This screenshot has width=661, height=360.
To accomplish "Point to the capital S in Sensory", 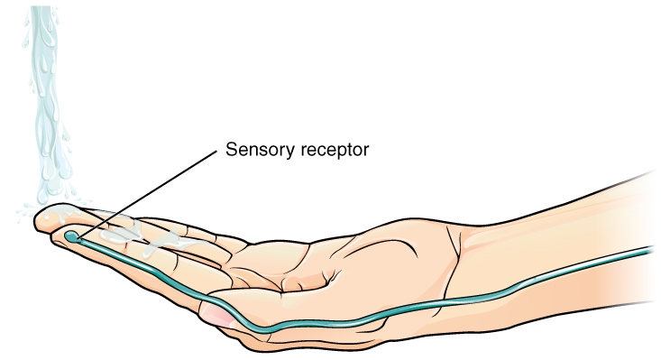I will (230, 150).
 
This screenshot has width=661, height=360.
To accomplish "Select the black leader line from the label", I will (144, 193).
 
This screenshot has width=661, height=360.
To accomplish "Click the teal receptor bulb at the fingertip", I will (72, 237).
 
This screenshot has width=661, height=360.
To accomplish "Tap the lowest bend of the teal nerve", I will (271, 328).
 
